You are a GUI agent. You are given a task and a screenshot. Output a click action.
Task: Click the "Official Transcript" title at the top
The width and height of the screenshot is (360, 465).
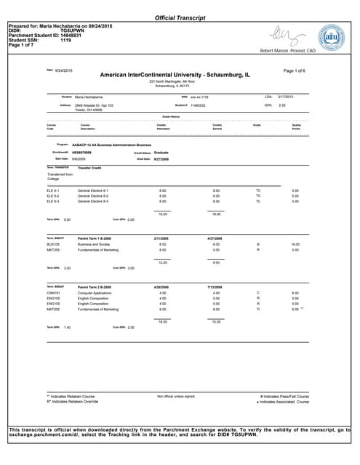point(180,17)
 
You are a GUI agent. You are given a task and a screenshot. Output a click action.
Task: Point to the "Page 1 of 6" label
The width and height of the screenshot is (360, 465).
point(294,70)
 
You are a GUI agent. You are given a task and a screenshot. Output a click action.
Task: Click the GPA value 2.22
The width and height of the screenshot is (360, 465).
point(284,105)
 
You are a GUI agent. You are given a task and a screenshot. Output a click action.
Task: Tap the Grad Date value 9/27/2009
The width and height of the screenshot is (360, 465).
point(160,158)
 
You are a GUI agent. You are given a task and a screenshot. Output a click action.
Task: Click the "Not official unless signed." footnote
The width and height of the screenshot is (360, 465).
point(175,396)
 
